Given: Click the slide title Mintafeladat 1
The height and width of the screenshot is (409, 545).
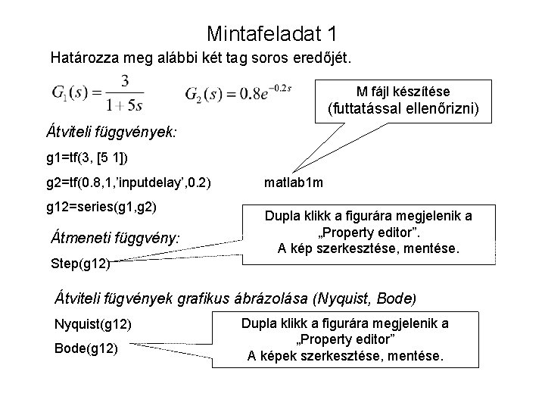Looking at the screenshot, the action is (x=272, y=34).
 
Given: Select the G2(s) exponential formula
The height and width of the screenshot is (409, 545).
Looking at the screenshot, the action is (x=238, y=94).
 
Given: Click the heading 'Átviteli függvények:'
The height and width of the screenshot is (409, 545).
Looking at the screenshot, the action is (x=112, y=131).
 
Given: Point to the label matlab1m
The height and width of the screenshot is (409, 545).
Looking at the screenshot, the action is (x=294, y=183).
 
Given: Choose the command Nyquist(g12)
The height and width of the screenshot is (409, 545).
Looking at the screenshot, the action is (x=93, y=325).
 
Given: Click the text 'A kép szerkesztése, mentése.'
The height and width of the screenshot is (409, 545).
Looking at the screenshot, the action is (x=368, y=248).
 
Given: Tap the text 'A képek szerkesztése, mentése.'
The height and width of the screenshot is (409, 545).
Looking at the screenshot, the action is (x=345, y=355).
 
